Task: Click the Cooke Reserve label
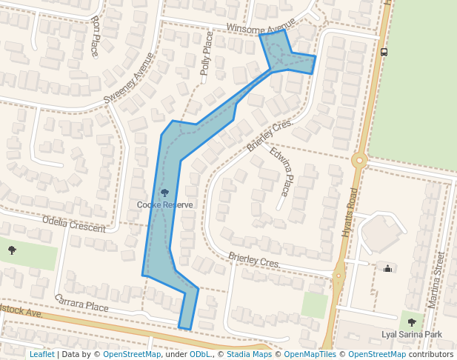tap(165, 204)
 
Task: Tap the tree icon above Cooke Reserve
tap(164, 193)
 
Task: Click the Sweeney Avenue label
tap(130, 77)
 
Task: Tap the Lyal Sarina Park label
tap(411, 335)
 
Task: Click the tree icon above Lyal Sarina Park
tap(412, 322)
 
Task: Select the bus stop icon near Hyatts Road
tap(384, 52)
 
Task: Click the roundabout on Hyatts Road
tap(359, 159)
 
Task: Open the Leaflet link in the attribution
tap(41, 354)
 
